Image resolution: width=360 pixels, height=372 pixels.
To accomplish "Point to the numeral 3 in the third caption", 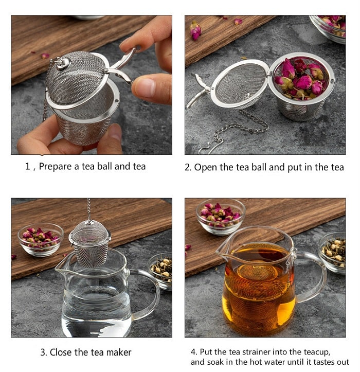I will pyautogui.click(x=43, y=352).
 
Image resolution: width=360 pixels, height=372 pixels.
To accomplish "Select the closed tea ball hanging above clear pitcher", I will pyautogui.click(x=90, y=242).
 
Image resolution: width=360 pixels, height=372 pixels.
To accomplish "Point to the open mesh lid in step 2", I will pyautogui.click(x=240, y=84).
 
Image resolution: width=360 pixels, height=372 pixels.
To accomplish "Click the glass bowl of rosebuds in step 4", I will pyautogui.click(x=220, y=215).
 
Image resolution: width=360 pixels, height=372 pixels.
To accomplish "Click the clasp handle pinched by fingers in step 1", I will pyautogui.click(x=121, y=67).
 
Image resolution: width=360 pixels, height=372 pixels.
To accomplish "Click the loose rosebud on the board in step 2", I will pyautogui.click(x=196, y=31).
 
